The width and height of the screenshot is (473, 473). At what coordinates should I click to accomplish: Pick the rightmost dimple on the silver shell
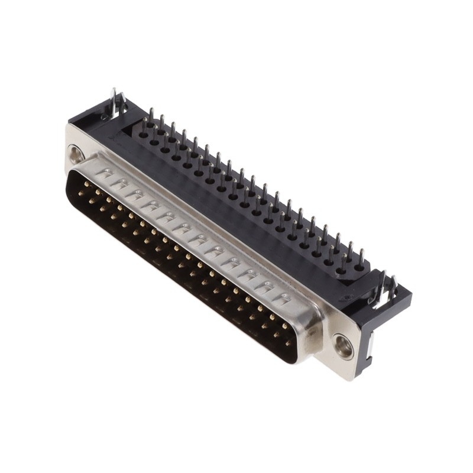pyautogui.click(x=285, y=298)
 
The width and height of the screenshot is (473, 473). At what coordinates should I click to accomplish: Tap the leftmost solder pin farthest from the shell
pyautogui.click(x=151, y=116)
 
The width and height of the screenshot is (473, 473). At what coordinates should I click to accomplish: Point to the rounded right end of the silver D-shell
pyautogui.click(x=313, y=331)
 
